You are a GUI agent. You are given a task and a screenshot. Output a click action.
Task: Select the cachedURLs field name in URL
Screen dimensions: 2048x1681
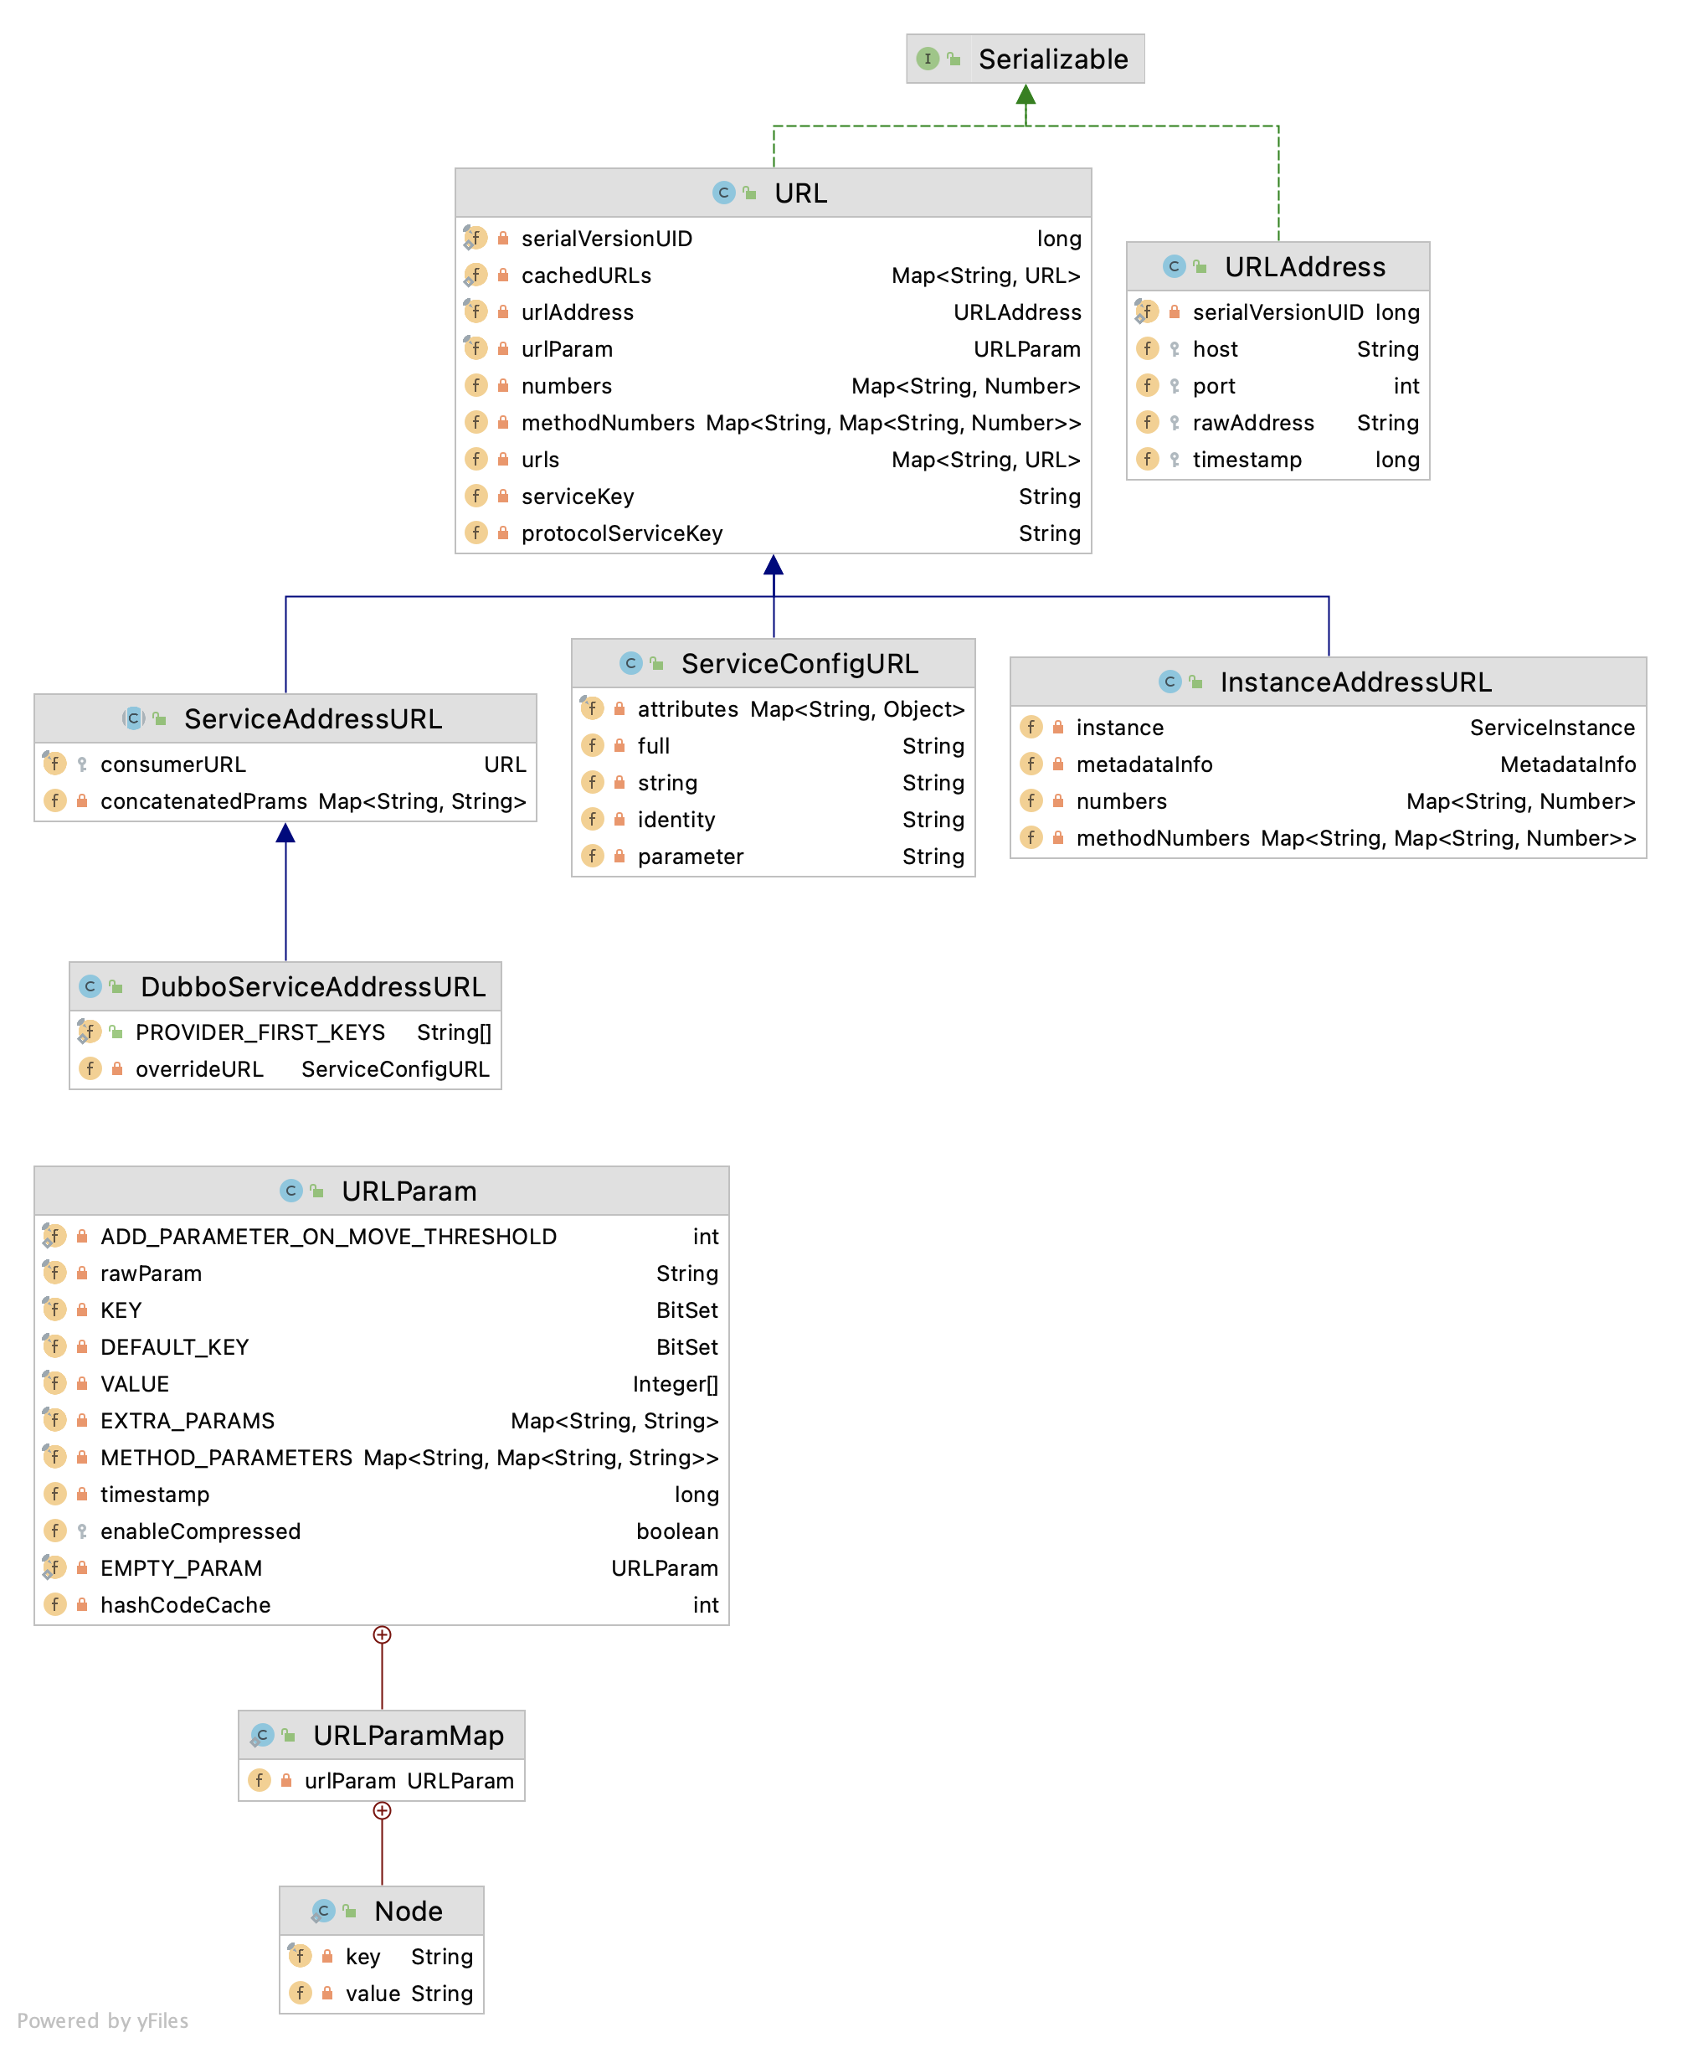click(586, 276)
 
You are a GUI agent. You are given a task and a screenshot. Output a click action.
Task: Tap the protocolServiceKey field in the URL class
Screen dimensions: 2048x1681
click(622, 533)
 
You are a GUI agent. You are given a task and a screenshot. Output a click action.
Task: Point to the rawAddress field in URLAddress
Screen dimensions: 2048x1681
click(1253, 423)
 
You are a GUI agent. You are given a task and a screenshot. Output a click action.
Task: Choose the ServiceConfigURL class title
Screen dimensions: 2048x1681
click(799, 663)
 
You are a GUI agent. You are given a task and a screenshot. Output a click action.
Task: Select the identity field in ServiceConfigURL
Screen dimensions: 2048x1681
click(676, 821)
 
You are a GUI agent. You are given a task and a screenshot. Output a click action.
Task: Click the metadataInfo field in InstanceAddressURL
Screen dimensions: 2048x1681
click(1144, 765)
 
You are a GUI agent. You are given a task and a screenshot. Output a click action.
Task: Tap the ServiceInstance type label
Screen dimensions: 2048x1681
click(1551, 728)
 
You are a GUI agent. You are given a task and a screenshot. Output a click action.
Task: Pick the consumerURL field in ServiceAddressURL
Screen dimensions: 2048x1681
click(173, 765)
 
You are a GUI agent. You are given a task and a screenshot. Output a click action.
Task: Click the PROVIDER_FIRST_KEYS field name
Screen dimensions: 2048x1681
click(260, 1032)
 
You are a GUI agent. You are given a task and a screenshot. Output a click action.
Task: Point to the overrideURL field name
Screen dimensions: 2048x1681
click(199, 1069)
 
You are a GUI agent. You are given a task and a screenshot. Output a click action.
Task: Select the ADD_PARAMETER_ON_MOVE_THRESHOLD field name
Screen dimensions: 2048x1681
click(328, 1237)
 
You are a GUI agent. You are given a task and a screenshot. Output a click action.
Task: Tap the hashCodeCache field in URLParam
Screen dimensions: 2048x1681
click(185, 1604)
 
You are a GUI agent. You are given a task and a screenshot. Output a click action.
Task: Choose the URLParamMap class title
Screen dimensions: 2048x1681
click(408, 1735)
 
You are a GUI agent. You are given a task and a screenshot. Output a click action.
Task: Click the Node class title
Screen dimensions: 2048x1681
click(408, 1911)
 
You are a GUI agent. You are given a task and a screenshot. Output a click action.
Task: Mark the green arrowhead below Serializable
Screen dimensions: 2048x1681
click(1026, 95)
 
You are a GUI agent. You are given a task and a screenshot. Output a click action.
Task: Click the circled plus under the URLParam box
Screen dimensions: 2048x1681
click(383, 1634)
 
